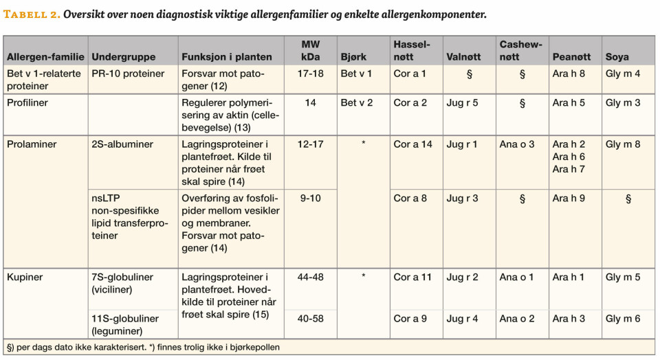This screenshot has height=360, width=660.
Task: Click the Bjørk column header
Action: [353, 57]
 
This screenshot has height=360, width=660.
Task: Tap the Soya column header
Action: [617, 57]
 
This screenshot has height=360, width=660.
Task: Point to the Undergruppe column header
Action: [124, 57]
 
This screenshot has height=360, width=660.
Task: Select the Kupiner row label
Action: [25, 278]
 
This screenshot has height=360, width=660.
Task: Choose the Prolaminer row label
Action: [32, 144]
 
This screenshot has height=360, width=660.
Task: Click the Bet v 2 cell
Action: [356, 103]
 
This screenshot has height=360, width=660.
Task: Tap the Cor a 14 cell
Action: [412, 144]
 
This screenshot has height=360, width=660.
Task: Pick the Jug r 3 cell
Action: [462, 199]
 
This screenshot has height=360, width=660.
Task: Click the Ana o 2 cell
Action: [517, 319]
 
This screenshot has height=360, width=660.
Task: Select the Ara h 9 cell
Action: [569, 199]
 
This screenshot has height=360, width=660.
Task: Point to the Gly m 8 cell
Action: [623, 144]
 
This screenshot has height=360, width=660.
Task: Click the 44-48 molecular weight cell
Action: [310, 278]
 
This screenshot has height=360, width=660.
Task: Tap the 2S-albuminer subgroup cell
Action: [122, 144]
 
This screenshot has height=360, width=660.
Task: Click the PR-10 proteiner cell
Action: [128, 74]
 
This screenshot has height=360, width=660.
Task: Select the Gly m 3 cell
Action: [623, 103]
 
